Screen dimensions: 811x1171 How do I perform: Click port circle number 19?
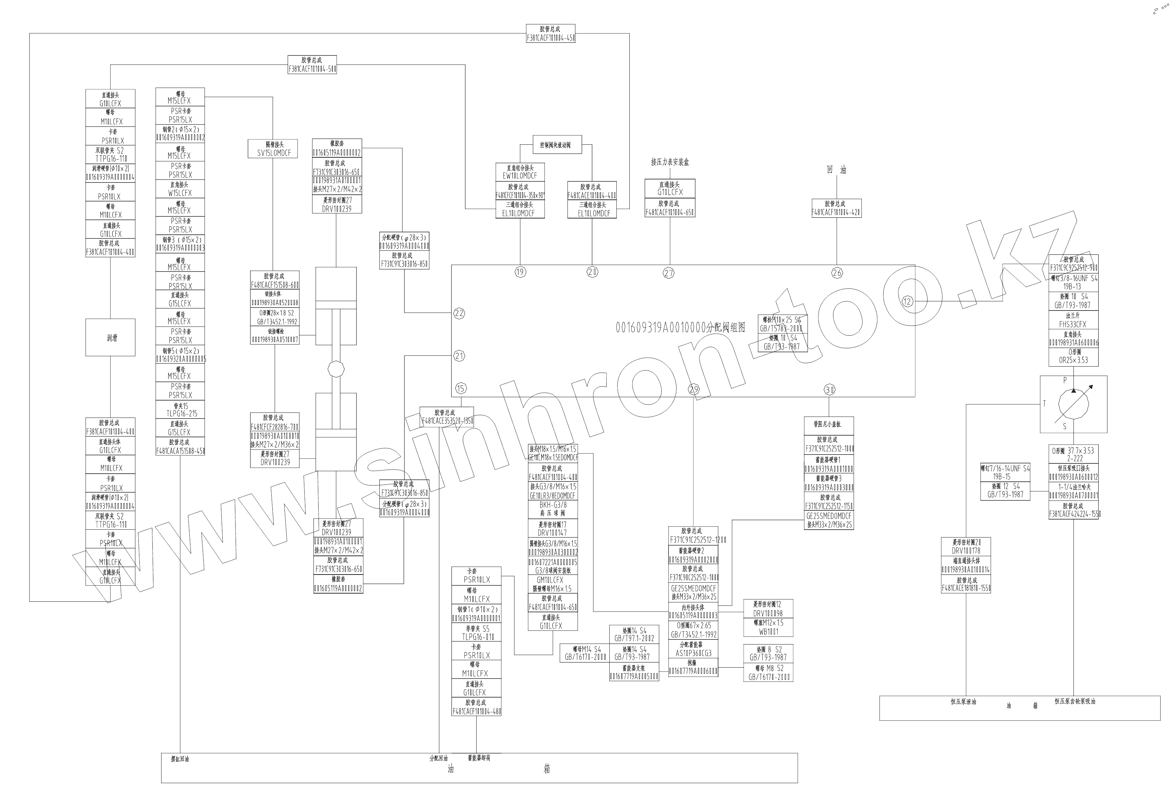pos(520,272)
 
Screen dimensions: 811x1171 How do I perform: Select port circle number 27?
pos(669,273)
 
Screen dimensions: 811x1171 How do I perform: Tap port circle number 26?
pos(837,273)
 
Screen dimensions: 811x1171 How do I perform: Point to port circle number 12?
pos(907,302)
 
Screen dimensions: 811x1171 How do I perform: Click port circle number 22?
pos(459,313)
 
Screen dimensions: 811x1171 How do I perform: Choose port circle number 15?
pos(461,389)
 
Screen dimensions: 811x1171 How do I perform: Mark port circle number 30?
pos(829,390)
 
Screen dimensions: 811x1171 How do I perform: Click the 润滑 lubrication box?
pos(111,337)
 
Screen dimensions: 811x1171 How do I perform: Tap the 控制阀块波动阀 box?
pos(557,145)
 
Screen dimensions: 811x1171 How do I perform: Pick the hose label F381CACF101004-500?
pos(312,65)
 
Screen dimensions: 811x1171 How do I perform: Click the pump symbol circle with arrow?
pos(1073,405)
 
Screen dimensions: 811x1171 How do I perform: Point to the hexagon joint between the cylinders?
pos(336,369)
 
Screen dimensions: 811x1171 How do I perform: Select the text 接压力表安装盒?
pos(670,162)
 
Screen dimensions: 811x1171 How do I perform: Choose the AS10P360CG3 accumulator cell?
pos(693,649)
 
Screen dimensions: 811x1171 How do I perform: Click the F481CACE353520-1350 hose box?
pos(446,417)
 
